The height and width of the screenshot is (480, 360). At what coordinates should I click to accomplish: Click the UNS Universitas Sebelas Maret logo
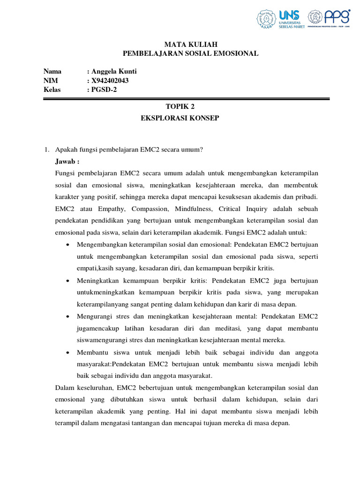coord(280,19)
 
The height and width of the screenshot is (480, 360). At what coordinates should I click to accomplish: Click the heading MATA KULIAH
coord(190,44)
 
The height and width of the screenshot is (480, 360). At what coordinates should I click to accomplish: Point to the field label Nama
coord(52,71)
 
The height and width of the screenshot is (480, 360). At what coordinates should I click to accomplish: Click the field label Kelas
coord(52,90)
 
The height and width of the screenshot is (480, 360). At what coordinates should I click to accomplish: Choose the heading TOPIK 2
coord(180,107)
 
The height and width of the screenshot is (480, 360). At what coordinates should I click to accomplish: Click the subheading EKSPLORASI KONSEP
coord(180,118)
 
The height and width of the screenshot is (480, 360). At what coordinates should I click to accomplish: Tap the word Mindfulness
coord(193,209)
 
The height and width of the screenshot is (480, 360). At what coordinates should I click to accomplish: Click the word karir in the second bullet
coord(257,304)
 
